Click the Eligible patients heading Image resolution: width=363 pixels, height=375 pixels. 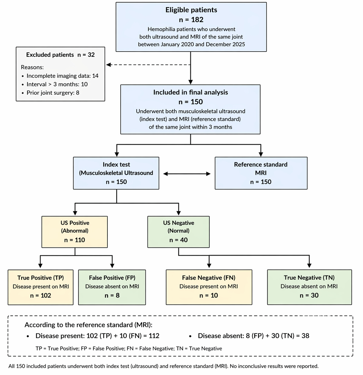191,10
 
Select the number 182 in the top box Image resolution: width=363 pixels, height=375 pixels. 197,20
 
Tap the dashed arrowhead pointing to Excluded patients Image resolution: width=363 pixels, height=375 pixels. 109,65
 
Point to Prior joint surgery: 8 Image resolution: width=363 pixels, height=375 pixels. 53,93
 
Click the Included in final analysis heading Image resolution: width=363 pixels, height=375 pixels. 191,92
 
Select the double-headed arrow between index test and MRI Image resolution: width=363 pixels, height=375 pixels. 187,174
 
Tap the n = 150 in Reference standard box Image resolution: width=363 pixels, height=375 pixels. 261,182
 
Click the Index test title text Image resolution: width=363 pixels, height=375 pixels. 116,164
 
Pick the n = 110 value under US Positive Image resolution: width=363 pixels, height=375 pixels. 75,240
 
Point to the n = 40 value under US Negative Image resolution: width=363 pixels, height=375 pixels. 178,240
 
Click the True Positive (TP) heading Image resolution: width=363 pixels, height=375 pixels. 40,278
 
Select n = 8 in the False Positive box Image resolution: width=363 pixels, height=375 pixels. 112,295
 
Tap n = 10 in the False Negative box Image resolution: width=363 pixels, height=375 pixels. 209,295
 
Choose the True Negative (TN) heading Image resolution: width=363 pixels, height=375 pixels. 309,278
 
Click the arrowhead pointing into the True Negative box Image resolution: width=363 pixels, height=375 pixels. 309,266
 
